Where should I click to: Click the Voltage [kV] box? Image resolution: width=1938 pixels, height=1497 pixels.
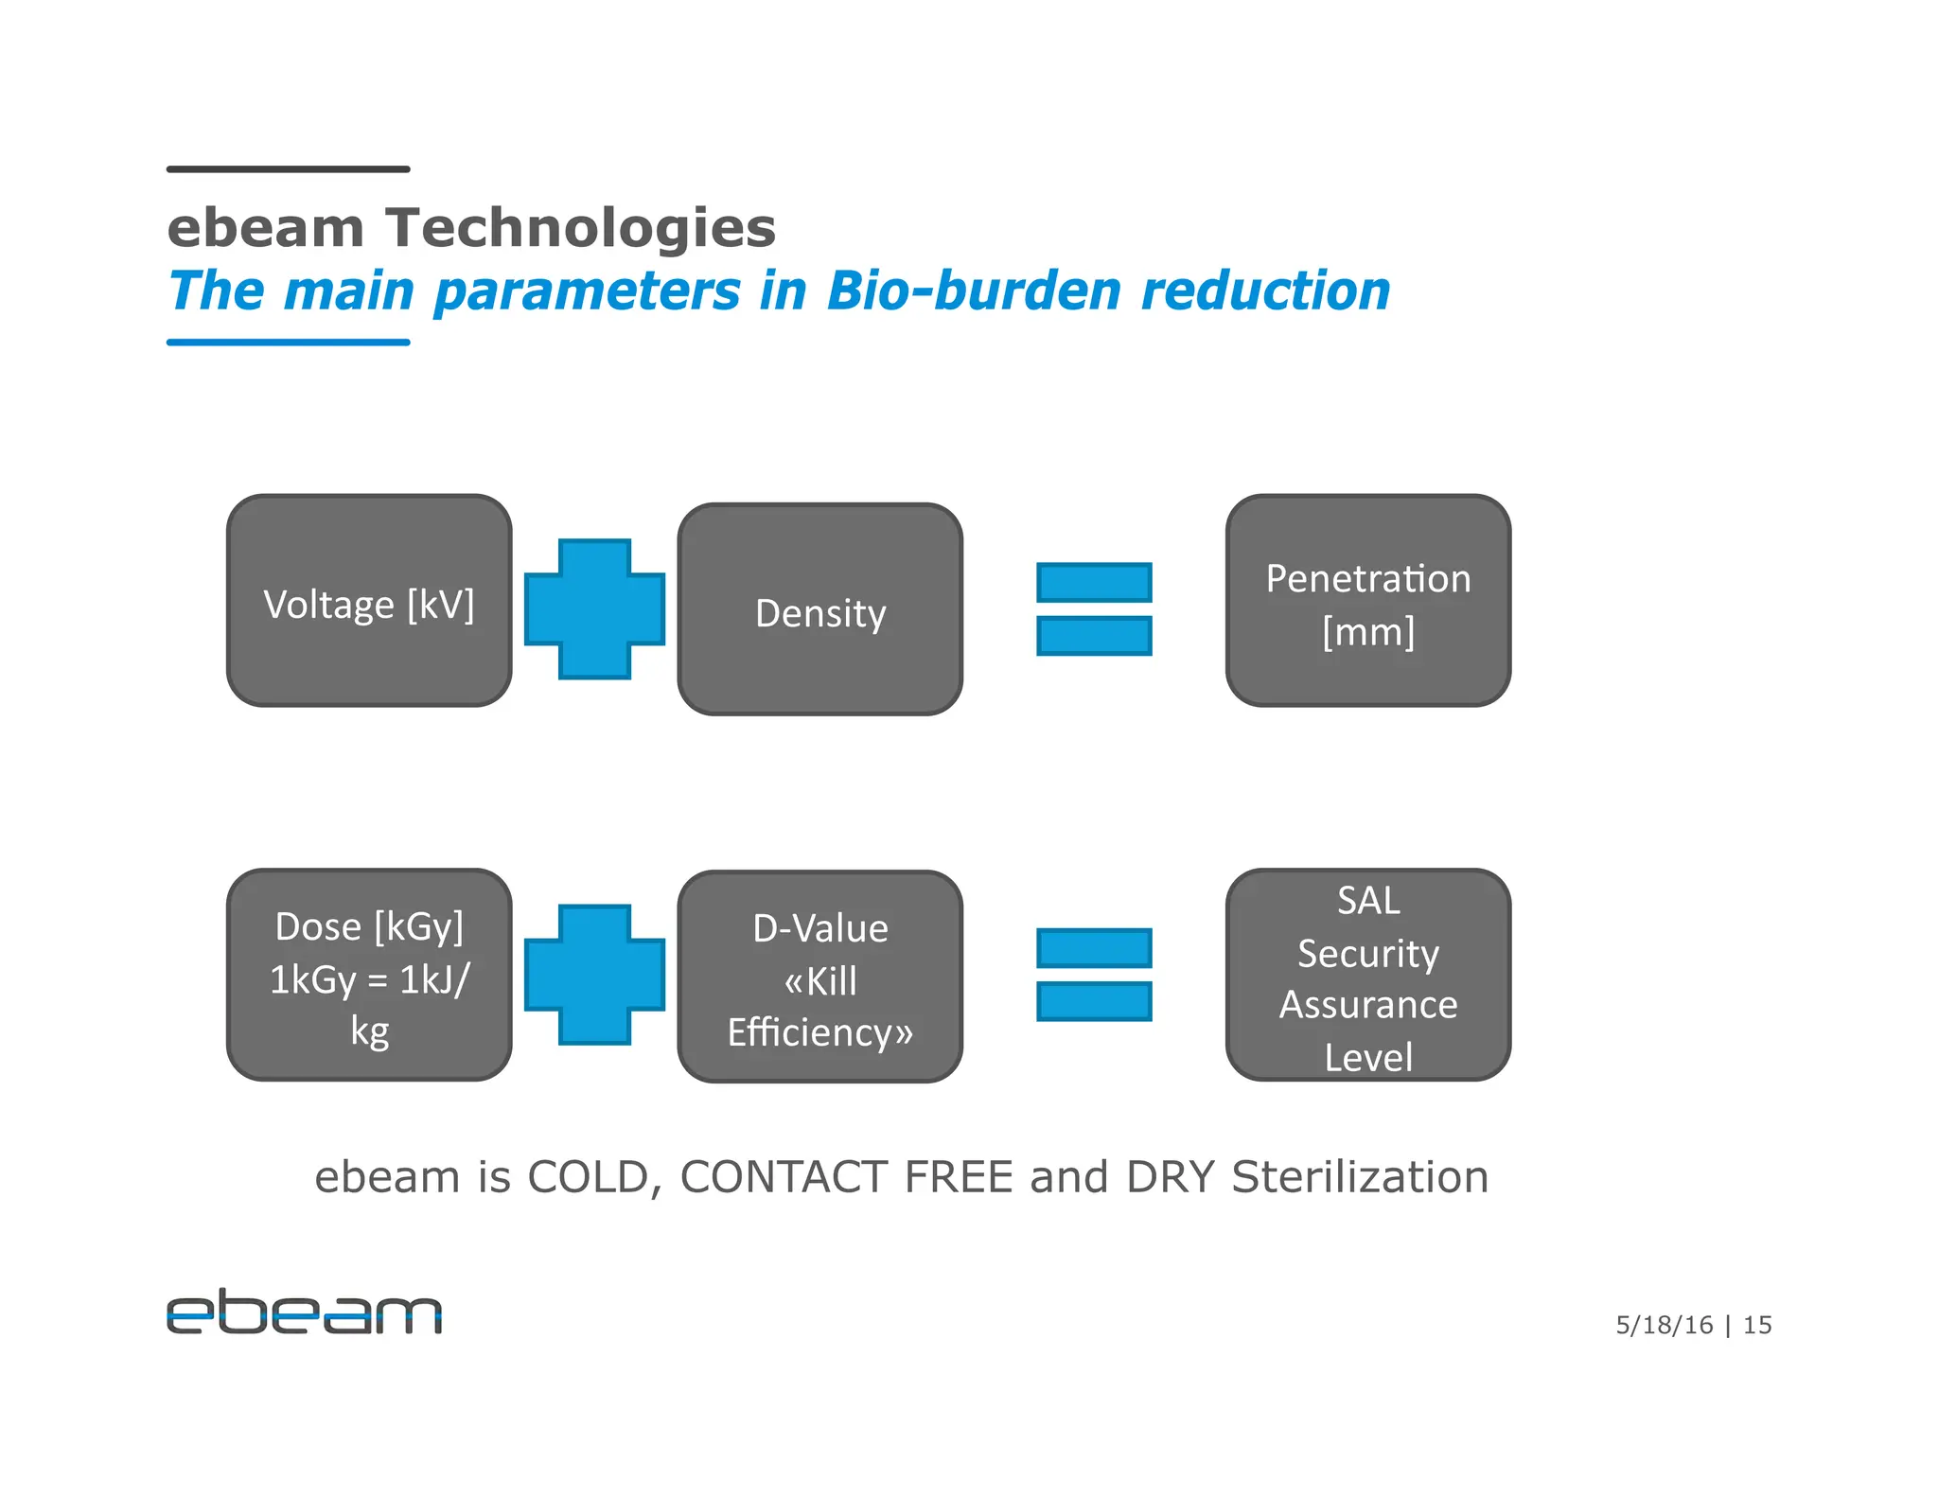point(369,601)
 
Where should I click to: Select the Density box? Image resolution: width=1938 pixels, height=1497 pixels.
point(819,610)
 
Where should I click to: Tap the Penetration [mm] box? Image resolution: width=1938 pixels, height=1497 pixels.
point(1367,601)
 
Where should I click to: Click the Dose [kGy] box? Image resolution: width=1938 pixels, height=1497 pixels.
point(369,975)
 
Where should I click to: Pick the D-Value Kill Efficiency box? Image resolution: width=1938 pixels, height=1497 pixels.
point(819,977)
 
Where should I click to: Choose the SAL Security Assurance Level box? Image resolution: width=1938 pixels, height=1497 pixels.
point(1367,975)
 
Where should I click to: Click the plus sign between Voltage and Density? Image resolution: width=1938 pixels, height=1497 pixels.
point(594,609)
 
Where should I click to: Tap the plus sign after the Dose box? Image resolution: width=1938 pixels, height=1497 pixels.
point(594,975)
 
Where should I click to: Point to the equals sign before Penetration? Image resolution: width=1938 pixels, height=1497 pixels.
point(1094,608)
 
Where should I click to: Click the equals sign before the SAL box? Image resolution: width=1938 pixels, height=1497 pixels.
point(1094,975)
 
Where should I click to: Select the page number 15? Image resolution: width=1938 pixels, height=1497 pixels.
point(1757,1325)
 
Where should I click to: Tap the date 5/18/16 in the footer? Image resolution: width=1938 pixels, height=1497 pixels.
point(1664,1325)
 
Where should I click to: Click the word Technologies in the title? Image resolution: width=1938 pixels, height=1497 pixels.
point(580,228)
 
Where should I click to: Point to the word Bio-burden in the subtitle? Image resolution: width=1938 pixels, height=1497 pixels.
point(974,291)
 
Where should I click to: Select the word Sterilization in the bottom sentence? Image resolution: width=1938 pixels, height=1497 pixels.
point(1360,1177)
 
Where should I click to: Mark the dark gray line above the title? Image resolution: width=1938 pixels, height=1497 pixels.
point(288,169)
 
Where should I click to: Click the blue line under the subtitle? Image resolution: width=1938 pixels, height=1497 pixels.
point(288,342)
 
